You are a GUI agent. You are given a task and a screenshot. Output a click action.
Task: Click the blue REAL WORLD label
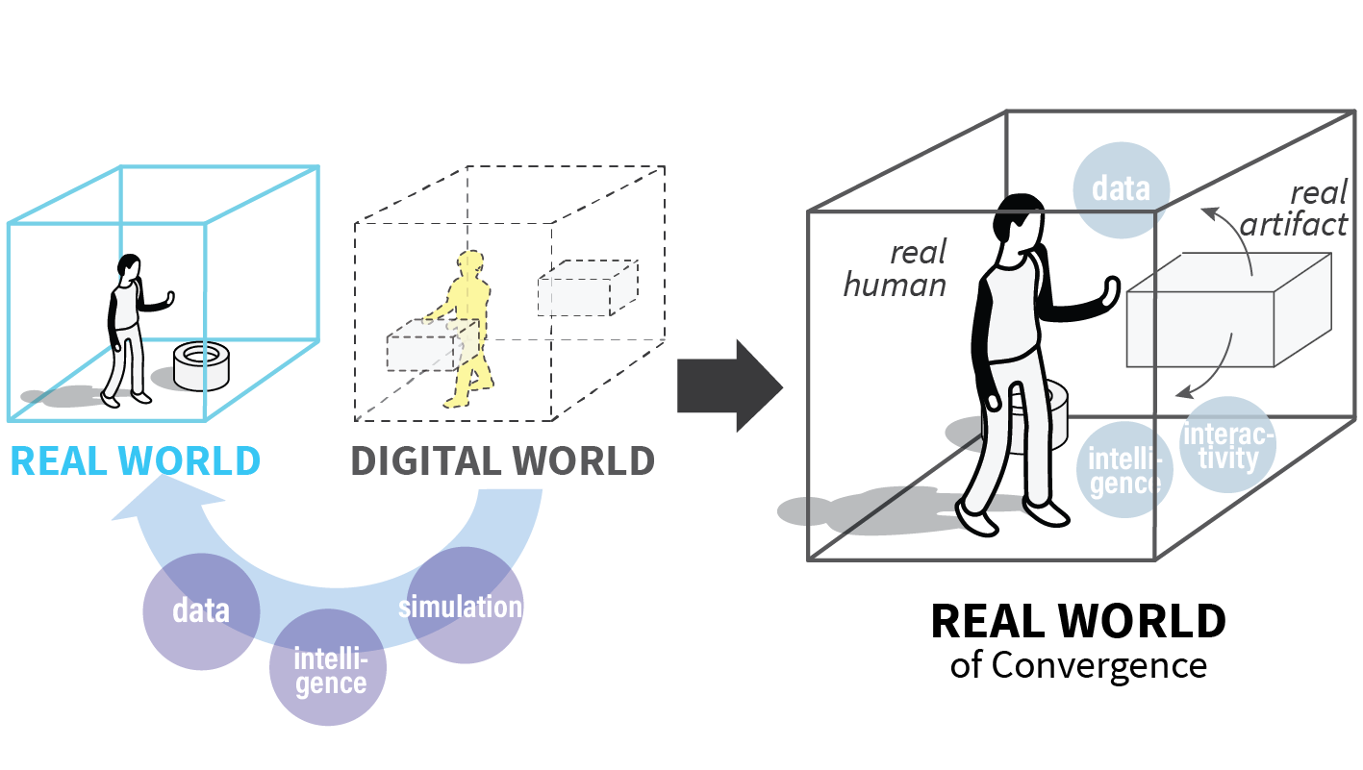pos(135,461)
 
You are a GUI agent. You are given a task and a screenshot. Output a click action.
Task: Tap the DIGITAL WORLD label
pos(502,461)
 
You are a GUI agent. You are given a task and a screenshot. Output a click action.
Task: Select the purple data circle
pos(200,611)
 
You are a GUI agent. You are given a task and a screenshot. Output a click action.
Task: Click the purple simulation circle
pos(465,606)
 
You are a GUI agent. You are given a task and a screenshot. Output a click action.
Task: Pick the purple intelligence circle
pos(329,669)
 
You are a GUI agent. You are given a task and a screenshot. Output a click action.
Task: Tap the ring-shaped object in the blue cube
pos(203,366)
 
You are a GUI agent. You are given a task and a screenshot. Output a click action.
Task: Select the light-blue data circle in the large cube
pos(1121,188)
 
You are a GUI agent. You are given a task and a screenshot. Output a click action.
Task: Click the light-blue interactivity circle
pos(1227,446)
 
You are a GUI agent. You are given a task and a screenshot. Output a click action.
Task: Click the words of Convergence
pos(1077,665)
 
